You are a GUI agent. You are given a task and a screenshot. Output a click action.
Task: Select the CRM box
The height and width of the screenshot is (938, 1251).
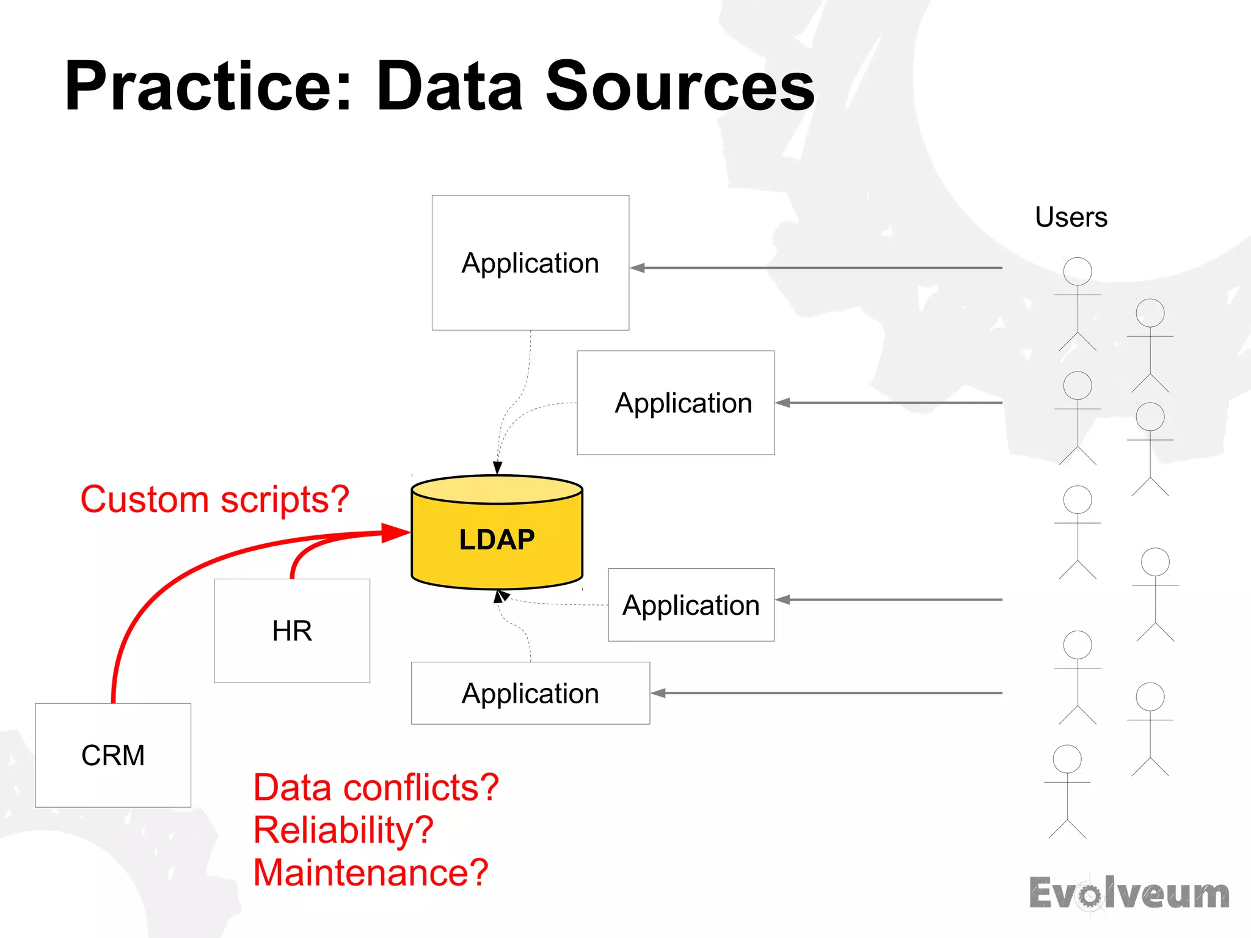click(113, 755)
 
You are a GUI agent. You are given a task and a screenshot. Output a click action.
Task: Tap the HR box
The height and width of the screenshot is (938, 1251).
click(292, 631)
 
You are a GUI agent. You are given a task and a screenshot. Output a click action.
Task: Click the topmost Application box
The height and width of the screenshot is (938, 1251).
click(530, 263)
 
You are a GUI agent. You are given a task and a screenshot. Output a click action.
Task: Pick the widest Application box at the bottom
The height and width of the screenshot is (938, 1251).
click(530, 693)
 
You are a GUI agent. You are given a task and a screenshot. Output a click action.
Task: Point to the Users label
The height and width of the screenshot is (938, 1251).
click(1071, 217)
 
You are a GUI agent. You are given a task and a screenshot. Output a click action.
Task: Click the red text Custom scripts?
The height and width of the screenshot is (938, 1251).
click(214, 499)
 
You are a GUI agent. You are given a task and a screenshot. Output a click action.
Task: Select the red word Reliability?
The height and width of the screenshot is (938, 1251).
click(343, 830)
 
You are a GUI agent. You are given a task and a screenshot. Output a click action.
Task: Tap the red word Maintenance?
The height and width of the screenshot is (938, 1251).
click(371, 872)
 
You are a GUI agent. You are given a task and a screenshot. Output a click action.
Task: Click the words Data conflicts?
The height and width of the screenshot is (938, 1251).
click(376, 787)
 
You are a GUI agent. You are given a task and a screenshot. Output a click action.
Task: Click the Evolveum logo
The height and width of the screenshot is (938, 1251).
click(1129, 893)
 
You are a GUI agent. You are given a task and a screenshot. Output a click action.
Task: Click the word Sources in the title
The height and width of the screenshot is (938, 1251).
click(680, 86)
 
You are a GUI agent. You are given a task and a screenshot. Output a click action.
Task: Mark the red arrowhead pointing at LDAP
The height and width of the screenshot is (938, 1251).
click(395, 532)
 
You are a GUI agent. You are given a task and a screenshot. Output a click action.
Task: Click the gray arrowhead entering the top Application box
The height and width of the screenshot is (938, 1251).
click(638, 268)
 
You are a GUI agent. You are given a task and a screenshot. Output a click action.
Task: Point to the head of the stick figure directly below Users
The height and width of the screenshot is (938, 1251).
click(1078, 271)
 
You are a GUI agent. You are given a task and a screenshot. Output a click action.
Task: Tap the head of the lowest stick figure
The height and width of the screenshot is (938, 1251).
click(1067, 758)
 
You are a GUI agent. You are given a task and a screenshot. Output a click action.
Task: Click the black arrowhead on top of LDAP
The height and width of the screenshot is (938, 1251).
click(498, 467)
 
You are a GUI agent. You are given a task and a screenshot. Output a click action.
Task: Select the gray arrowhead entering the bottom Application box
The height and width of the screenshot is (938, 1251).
click(658, 693)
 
